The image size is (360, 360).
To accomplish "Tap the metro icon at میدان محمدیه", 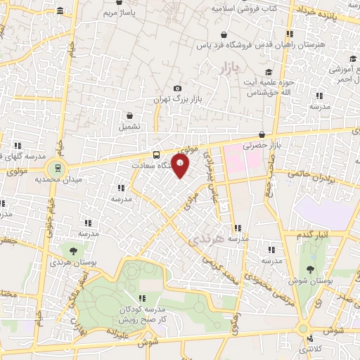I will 55,168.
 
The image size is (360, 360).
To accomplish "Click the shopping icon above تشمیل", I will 130,115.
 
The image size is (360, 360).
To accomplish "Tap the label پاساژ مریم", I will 115,13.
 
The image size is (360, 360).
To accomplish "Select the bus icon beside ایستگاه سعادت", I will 155,155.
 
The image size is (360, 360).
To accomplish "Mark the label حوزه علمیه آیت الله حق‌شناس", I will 267,87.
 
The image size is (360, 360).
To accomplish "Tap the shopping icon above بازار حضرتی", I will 262,135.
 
